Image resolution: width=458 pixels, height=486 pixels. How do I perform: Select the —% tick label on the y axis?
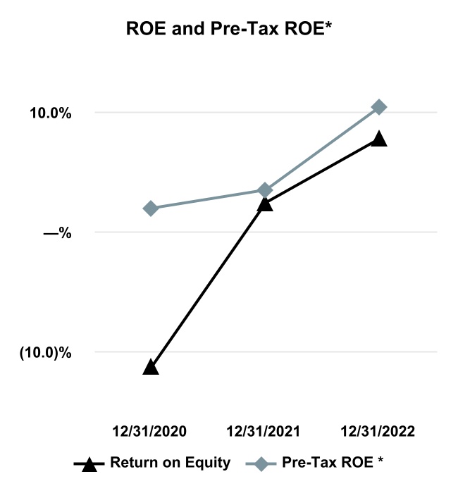pyautogui.click(x=57, y=232)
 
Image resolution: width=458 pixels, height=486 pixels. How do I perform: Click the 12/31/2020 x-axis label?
pyautogui.click(x=150, y=431)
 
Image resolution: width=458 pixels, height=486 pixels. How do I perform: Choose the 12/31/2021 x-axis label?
pyautogui.click(x=264, y=431)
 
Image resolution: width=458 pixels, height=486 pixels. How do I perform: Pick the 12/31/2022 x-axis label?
pyautogui.click(x=378, y=431)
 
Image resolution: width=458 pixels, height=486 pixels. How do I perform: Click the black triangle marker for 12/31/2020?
pyautogui.click(x=150, y=367)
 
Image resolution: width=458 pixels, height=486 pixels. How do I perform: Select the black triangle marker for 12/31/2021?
pyautogui.click(x=264, y=204)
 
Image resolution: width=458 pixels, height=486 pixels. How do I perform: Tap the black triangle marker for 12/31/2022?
pyautogui.click(x=379, y=139)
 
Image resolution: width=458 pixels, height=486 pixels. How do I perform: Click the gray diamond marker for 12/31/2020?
pyautogui.click(x=150, y=208)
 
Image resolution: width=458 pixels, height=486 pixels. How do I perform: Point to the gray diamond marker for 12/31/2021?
pyautogui.click(x=265, y=190)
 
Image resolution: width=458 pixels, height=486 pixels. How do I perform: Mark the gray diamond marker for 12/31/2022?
pyautogui.click(x=379, y=107)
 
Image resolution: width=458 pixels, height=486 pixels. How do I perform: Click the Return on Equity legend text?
pyautogui.click(x=170, y=463)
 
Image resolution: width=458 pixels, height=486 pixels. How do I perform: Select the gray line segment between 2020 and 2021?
pyautogui.click(x=207, y=199)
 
